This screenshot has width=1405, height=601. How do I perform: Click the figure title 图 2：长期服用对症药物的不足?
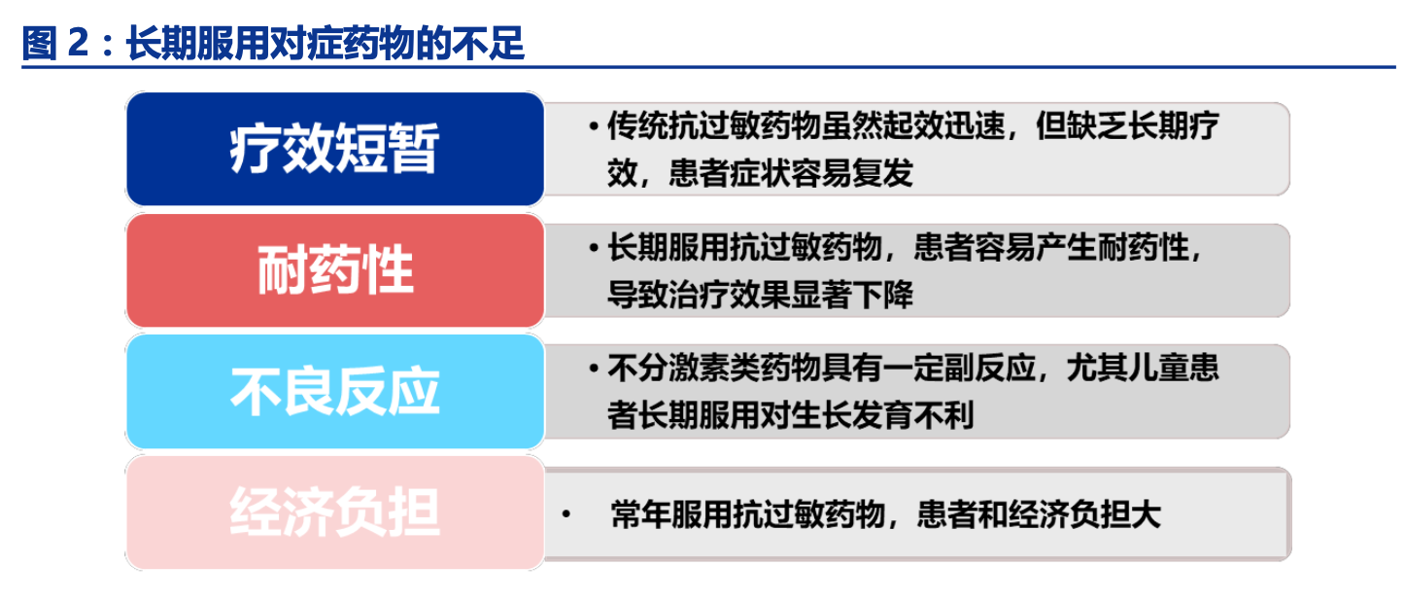(273, 44)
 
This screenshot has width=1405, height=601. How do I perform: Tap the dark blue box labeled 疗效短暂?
(335, 149)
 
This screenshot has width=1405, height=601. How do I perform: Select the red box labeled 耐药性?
(335, 270)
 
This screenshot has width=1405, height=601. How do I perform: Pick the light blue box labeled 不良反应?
(335, 391)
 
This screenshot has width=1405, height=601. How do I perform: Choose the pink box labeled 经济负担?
(335, 513)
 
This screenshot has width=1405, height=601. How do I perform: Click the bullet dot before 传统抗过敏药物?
(594, 126)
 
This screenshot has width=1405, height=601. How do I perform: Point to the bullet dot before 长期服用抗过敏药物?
(594, 247)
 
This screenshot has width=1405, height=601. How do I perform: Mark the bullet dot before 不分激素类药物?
(594, 368)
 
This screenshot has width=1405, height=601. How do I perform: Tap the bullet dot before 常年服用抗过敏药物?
(566, 514)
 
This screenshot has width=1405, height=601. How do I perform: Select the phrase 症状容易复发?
(822, 173)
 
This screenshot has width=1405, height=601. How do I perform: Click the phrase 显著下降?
(852, 294)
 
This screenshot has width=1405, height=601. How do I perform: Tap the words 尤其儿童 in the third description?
(1127, 368)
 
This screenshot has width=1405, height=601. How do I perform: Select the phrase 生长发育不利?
(882, 415)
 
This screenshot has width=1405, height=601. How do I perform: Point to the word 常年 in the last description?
(641, 514)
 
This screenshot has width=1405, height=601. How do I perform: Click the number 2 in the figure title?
(78, 44)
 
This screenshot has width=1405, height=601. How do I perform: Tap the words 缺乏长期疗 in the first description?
(1127, 125)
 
